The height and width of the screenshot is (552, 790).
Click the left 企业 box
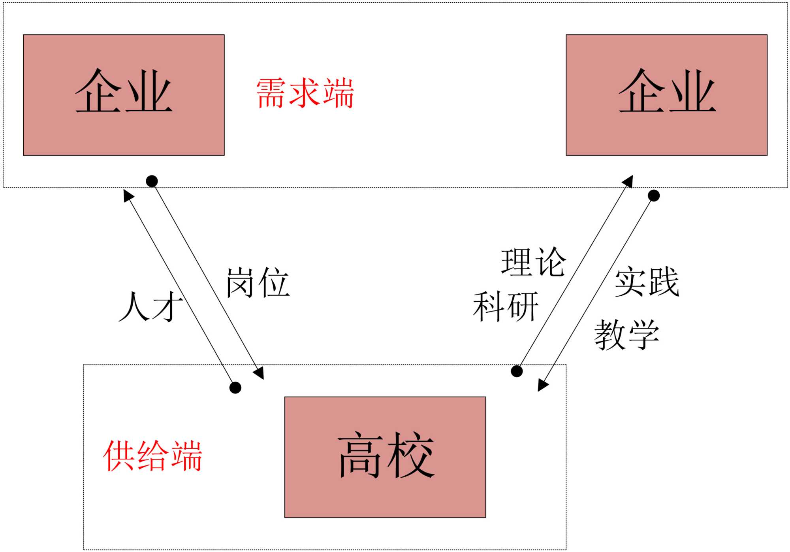(124, 95)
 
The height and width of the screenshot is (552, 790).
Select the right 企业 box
(666, 95)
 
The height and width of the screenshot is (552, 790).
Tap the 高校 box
(385, 457)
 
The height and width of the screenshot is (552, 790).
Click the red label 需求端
(305, 93)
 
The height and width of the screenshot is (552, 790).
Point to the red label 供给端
(152, 456)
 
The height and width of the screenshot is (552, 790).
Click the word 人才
(151, 306)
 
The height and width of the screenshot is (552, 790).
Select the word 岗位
(258, 283)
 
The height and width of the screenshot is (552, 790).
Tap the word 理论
(533, 262)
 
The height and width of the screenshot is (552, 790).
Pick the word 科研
(506, 306)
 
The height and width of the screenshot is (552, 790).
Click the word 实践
(647, 282)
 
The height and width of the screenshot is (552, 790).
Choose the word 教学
(627, 335)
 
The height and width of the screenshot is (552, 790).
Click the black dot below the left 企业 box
(152, 181)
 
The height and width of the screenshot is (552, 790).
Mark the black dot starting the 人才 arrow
(235, 388)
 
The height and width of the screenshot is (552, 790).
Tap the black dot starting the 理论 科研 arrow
(517, 371)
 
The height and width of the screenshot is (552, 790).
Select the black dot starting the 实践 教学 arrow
(654, 195)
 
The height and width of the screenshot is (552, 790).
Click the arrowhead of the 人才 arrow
(128, 195)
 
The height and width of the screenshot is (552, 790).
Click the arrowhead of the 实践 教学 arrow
(542, 385)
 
